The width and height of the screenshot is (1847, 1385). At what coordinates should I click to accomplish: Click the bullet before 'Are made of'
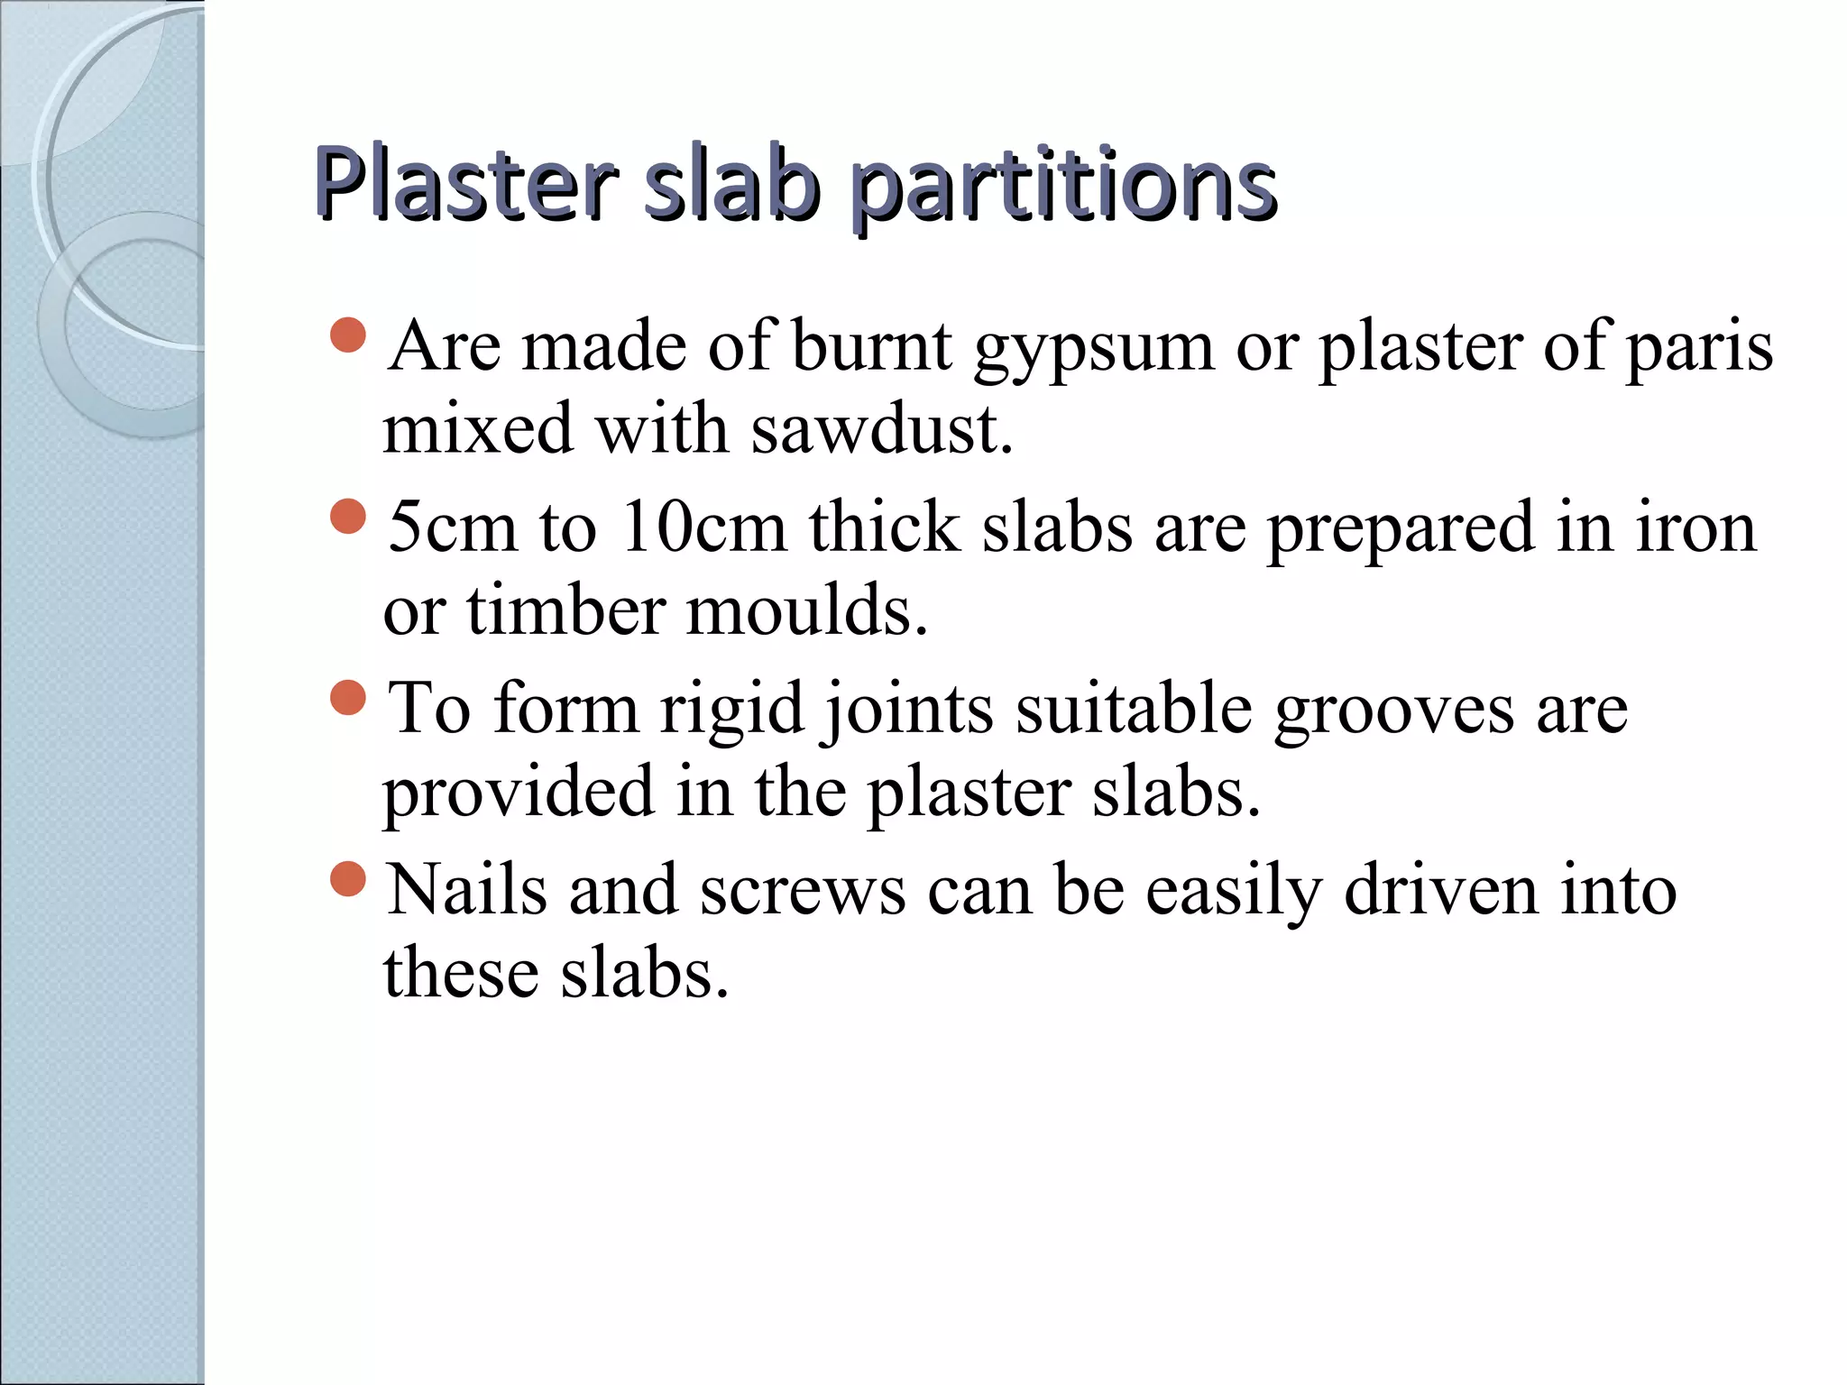pos(348,335)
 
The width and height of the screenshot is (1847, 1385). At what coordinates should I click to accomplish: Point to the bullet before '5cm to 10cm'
pos(348,517)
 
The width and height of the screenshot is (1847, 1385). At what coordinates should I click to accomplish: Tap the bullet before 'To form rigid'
pos(348,697)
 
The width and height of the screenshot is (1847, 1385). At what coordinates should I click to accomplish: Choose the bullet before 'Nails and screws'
pos(348,878)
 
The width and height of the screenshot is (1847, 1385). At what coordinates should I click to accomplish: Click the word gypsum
pos(1094,350)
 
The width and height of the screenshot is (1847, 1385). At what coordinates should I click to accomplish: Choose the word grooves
pos(1393,711)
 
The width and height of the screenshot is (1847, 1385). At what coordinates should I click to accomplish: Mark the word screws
pos(803,893)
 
